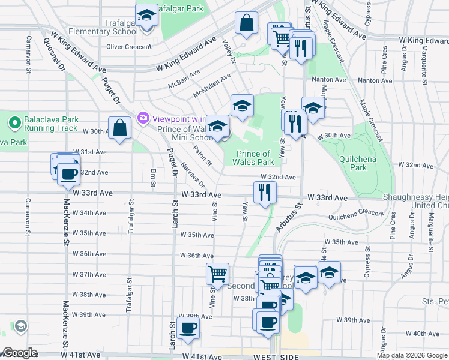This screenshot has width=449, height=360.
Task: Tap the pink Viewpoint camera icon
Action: (143, 117)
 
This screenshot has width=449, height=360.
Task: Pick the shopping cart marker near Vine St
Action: (217, 274)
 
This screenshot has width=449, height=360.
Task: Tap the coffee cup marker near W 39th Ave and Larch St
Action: (188, 328)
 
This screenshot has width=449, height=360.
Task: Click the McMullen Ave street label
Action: (211, 86)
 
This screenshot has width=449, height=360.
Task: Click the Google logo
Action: (20, 353)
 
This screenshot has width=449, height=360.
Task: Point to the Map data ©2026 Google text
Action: (411, 355)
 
